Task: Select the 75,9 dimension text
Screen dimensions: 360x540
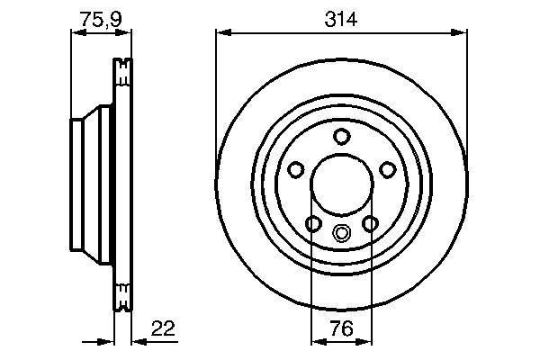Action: tap(100, 17)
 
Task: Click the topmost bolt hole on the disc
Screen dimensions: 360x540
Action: tap(341, 137)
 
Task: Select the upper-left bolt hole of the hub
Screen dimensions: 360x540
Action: tap(295, 170)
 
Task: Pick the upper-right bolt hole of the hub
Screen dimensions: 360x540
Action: tap(388, 170)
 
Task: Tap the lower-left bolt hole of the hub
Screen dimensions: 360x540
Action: tap(313, 224)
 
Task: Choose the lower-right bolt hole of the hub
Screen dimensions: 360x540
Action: tap(370, 224)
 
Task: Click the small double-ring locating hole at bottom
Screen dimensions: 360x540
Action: tap(342, 234)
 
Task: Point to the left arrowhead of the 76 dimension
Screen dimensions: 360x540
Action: tap(316, 341)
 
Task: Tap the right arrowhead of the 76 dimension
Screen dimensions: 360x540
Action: tap(367, 341)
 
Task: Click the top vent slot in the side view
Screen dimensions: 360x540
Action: tap(121, 67)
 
